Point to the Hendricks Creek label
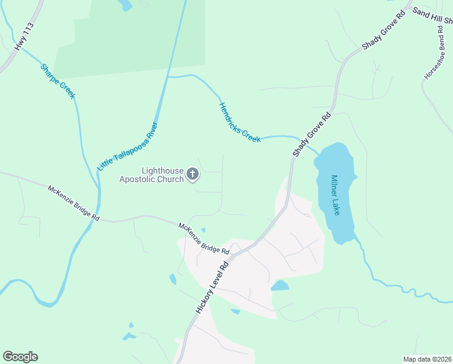[x=239, y=122]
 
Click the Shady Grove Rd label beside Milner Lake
[x=312, y=134]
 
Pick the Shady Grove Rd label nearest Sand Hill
[x=383, y=30]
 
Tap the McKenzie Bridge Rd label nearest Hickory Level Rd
[x=203, y=238]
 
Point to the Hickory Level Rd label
[x=211, y=287]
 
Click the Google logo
[x=20, y=357]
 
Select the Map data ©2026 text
[x=427, y=359]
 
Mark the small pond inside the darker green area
[x=125, y=5]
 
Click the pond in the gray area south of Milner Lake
[x=280, y=285]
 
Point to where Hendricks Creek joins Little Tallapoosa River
[x=168, y=77]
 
